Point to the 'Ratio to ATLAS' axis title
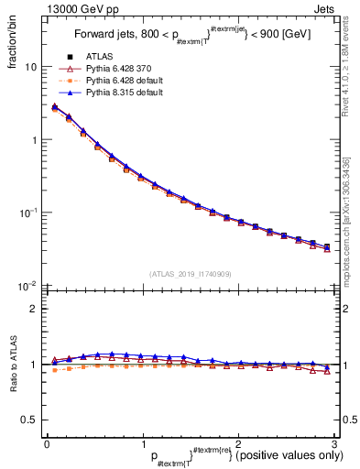point(13,364)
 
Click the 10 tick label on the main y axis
point(31,68)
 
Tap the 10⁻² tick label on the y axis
point(29,286)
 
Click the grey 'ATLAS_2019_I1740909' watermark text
point(189,274)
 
